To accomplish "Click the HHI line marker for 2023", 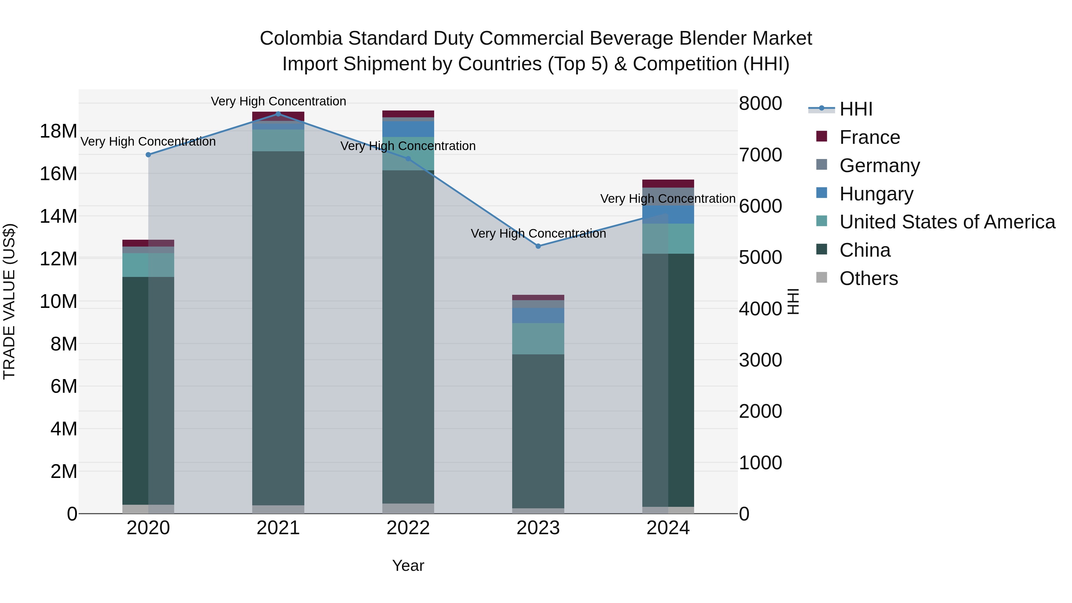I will [x=538, y=246].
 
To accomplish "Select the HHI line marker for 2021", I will [x=278, y=114].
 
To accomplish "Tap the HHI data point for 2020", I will [x=148, y=154].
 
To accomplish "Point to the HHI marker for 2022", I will [x=408, y=158].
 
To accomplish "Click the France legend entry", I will [x=869, y=137].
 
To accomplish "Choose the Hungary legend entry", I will [x=876, y=194].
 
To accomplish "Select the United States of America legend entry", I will [x=947, y=222].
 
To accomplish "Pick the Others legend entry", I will [x=869, y=278].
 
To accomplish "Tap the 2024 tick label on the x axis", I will [x=668, y=528].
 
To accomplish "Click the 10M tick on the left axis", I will [x=58, y=301].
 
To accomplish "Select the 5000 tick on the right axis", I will [x=760, y=258].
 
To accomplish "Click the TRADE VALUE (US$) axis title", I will [x=10, y=301].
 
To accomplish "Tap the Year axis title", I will [x=408, y=565].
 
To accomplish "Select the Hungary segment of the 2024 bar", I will [x=668, y=215].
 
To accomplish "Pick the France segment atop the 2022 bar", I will [x=408, y=114].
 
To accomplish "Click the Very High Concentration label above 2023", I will [x=538, y=233].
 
